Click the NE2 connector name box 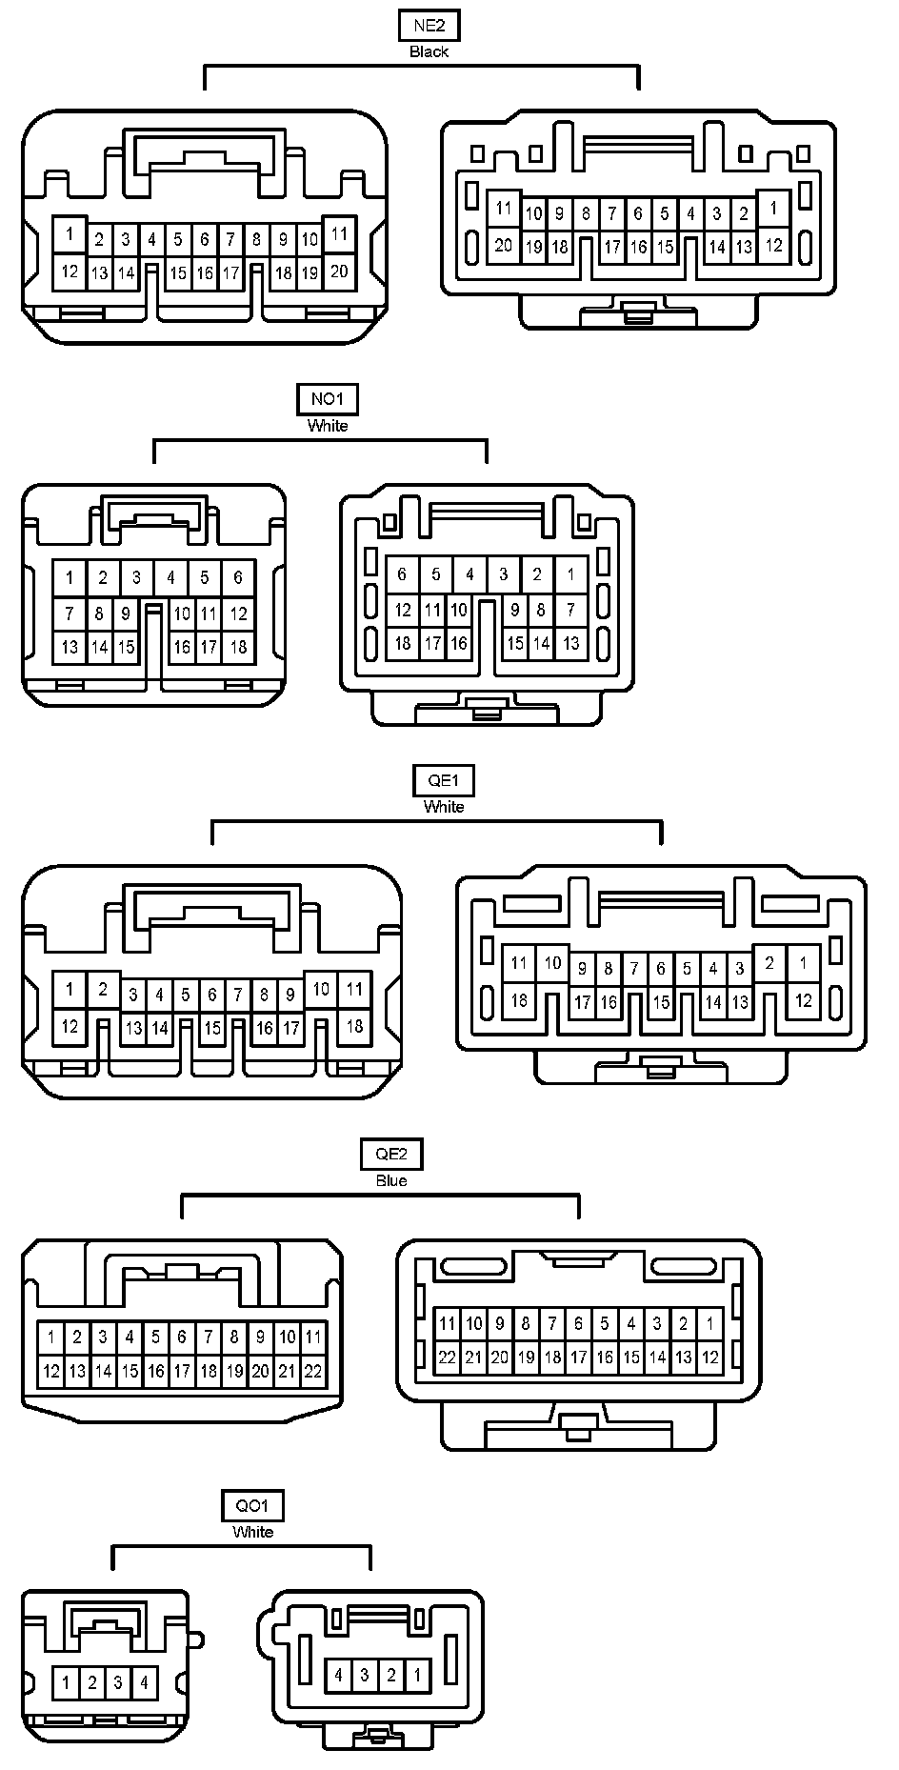tap(429, 27)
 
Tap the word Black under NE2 tap(429, 51)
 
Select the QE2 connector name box tap(391, 1155)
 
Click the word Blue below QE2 tap(391, 1180)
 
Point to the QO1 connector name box tap(252, 1506)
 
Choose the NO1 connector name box tap(328, 400)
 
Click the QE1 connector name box tap(444, 781)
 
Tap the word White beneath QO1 tap(252, 1532)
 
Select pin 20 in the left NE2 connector tap(339, 272)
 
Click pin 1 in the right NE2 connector tap(774, 209)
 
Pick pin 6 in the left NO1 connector tap(238, 577)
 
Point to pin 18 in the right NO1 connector tap(403, 643)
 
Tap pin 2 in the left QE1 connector tap(103, 990)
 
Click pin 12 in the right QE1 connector tap(804, 1000)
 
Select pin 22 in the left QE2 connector tap(313, 1372)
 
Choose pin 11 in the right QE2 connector tap(447, 1323)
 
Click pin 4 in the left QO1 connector tap(144, 1683)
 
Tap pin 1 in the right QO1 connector tap(417, 1675)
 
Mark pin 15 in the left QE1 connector tap(212, 1029)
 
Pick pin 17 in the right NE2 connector tap(612, 248)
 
